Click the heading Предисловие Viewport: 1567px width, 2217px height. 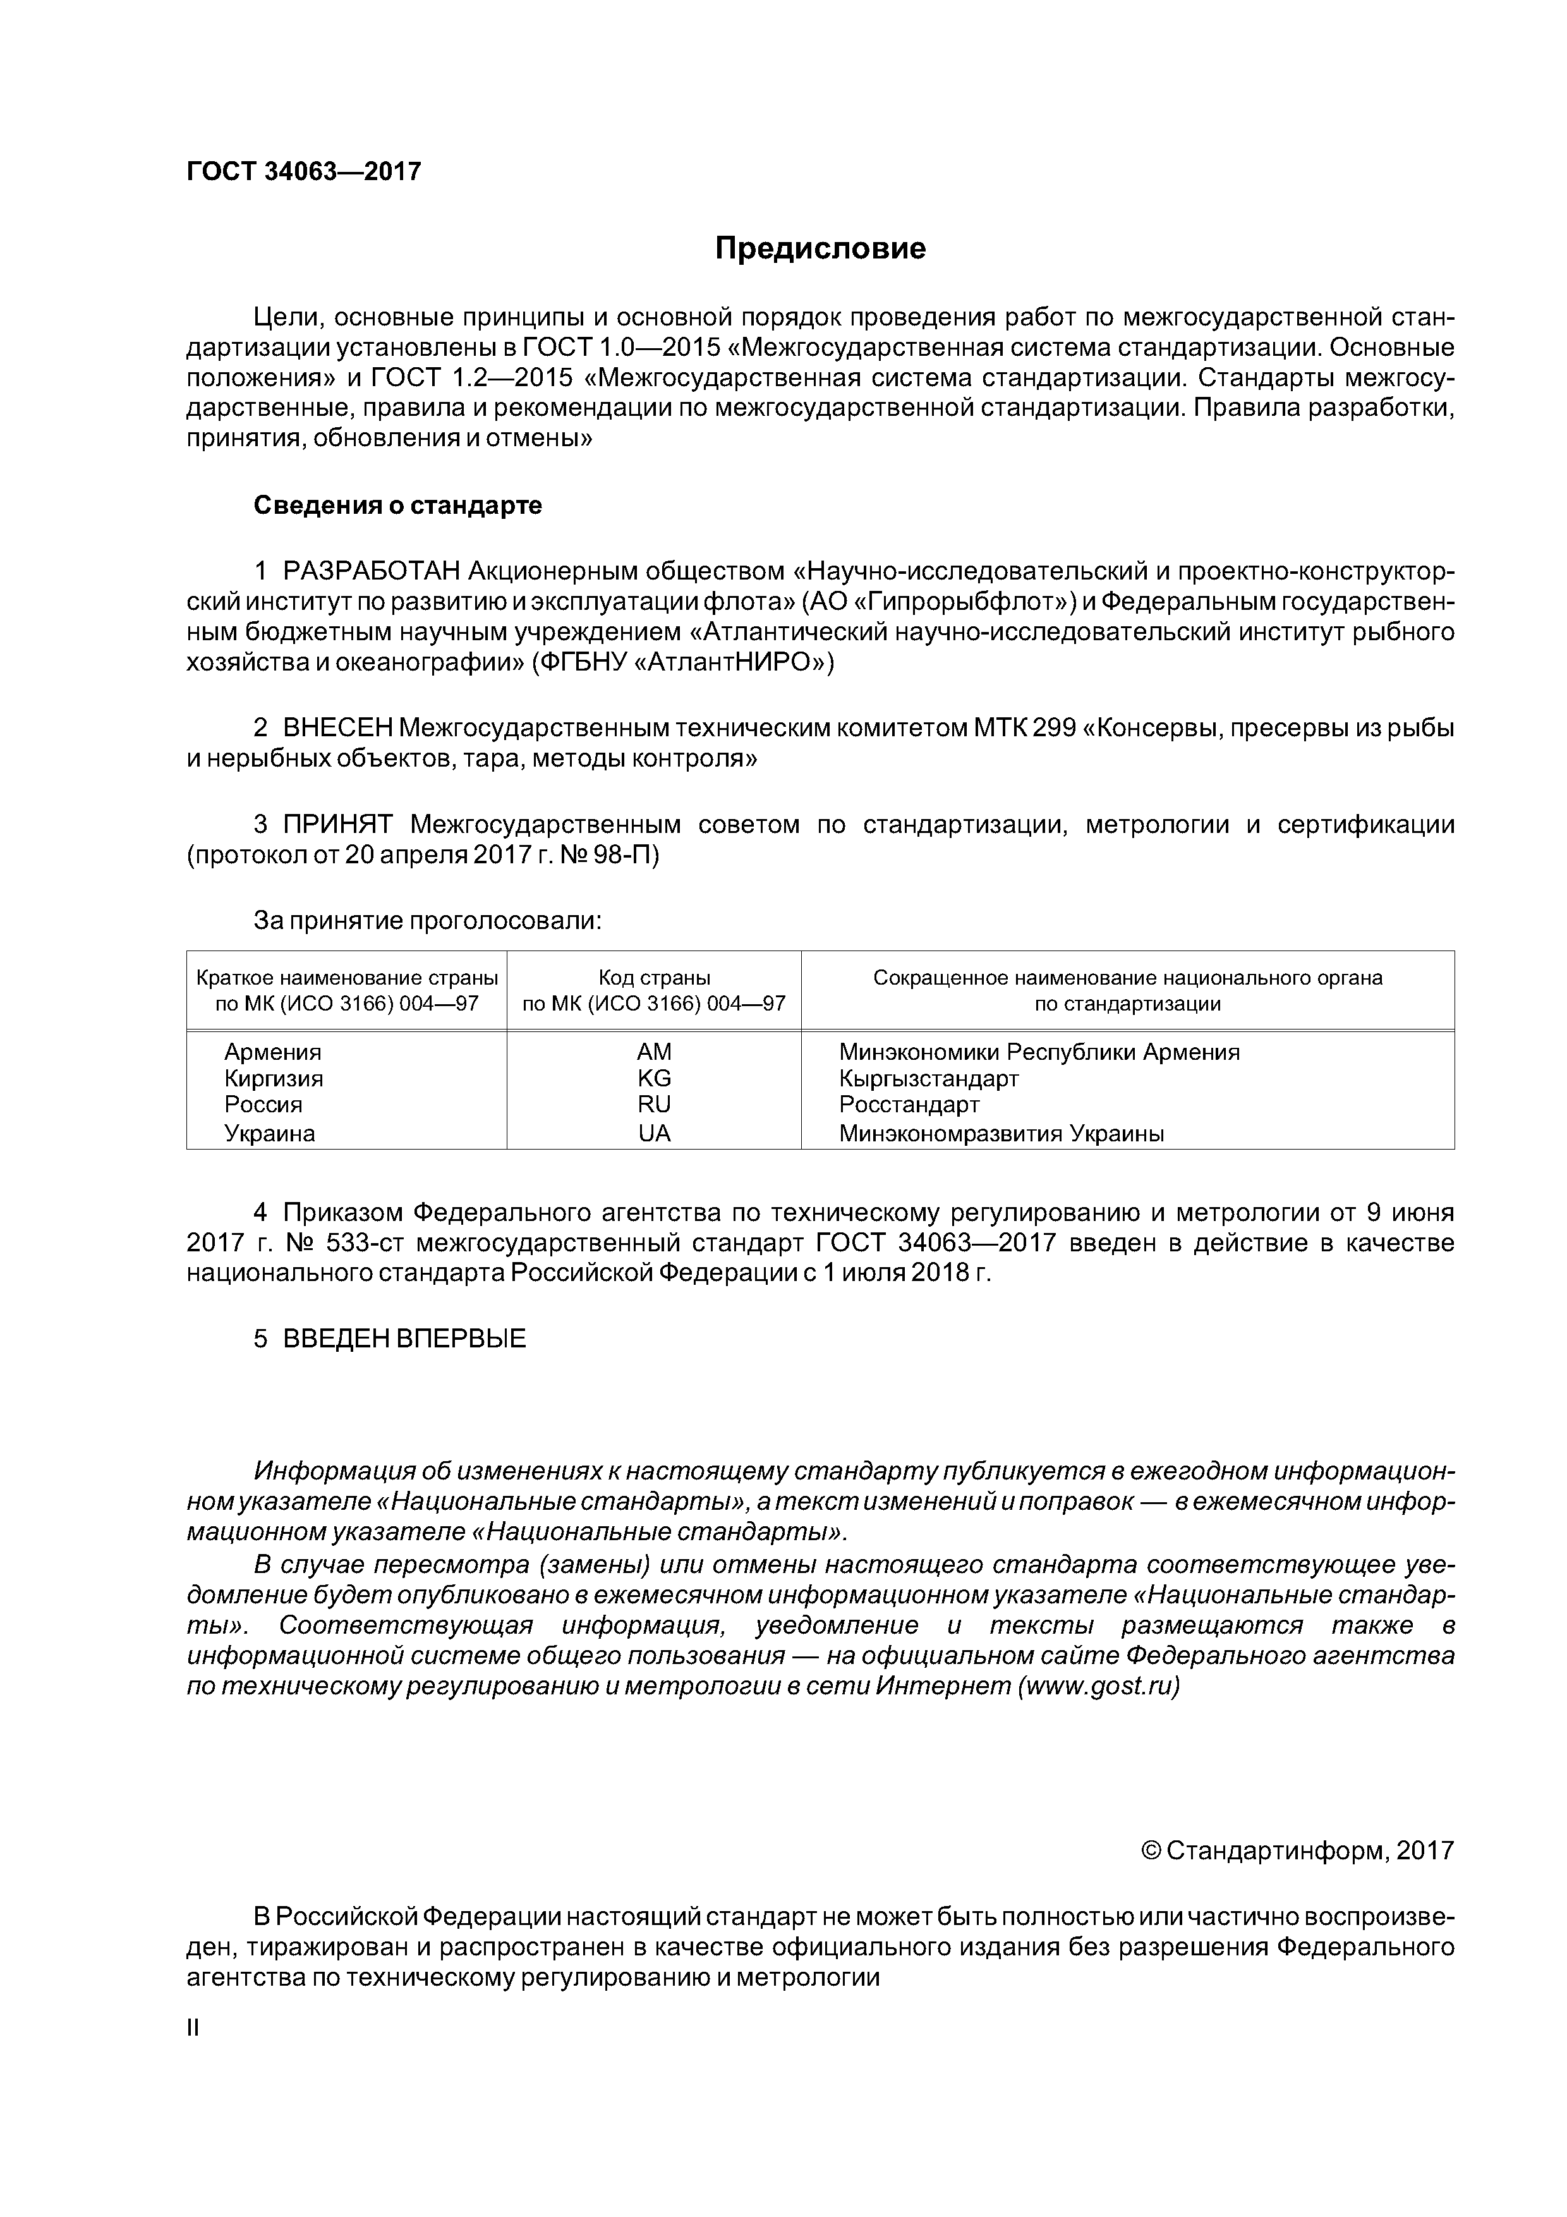click(820, 249)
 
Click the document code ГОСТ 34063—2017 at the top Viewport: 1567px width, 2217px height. click(303, 172)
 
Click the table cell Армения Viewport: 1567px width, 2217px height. click(272, 1052)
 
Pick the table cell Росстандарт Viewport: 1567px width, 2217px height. click(909, 1103)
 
